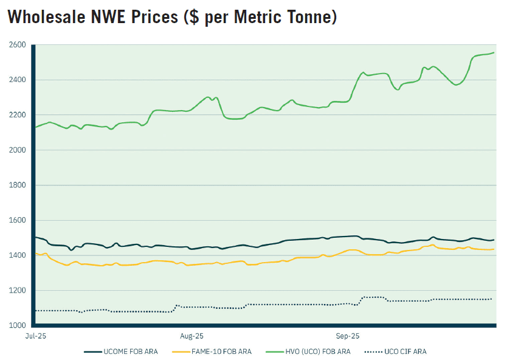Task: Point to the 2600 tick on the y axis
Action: [x=17, y=45]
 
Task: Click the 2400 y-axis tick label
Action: [x=17, y=80]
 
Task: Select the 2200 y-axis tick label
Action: [x=17, y=115]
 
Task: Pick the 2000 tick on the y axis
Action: [x=17, y=150]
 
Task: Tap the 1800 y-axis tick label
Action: [x=17, y=185]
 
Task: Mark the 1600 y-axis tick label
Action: [x=17, y=221]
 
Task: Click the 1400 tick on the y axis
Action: [x=17, y=255]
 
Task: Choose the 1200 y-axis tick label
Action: [x=17, y=291]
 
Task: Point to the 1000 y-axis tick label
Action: [x=17, y=326]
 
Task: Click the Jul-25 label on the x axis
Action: [x=34, y=335]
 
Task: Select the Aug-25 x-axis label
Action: [x=192, y=335]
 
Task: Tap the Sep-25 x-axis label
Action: [x=348, y=335]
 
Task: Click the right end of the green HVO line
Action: [x=493, y=53]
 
